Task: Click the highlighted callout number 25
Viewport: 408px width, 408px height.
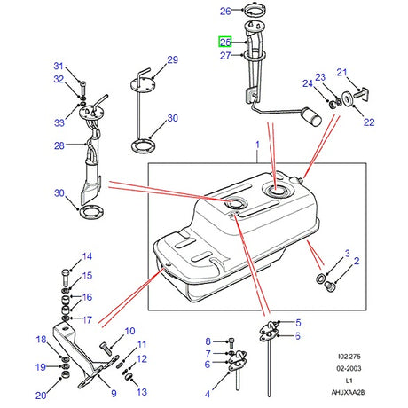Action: coord(224,42)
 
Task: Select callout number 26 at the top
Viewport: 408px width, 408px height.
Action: coord(224,12)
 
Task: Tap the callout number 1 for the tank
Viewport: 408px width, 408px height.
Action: coord(258,144)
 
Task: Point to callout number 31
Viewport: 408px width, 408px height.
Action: coord(59,67)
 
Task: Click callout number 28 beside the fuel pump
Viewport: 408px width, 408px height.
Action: coord(59,145)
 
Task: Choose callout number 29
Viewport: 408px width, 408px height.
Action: coord(172,59)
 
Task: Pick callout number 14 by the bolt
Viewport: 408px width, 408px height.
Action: coord(87,257)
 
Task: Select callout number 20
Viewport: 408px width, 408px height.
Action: coord(40,396)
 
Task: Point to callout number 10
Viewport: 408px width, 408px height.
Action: coord(129,330)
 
